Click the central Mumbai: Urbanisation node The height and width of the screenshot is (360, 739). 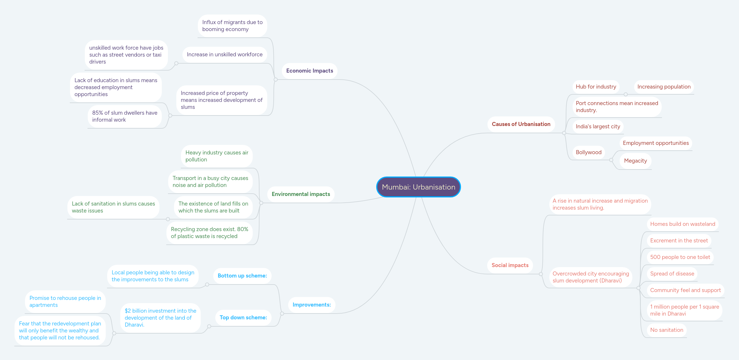(418, 187)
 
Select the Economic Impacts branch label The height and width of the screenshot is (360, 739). (309, 71)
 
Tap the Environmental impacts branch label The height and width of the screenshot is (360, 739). (301, 194)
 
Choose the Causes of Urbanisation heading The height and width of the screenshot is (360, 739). (521, 124)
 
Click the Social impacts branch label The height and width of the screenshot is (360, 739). (510, 265)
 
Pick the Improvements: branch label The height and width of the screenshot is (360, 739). (311, 305)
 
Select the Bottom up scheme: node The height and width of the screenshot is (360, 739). (242, 276)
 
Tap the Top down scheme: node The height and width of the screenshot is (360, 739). (243, 318)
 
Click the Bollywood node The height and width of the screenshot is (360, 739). (589, 152)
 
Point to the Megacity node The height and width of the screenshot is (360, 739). (635, 161)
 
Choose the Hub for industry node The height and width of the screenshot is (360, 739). (596, 87)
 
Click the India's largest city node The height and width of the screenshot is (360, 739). (598, 127)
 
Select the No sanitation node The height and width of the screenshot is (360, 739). (666, 330)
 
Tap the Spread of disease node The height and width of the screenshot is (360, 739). (672, 274)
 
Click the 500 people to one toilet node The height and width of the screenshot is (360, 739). (680, 257)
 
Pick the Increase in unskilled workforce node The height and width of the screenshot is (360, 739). (225, 55)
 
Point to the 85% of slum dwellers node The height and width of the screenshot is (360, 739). (125, 116)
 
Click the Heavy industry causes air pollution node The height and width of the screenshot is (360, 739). (217, 156)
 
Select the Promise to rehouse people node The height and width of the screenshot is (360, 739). (65, 302)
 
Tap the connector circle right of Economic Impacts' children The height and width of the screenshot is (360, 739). (276, 80)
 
